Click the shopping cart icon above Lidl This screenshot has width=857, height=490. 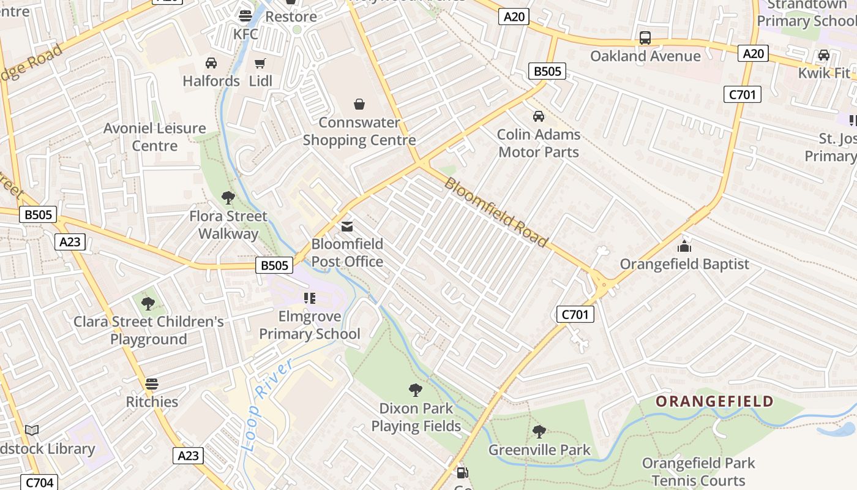click(260, 63)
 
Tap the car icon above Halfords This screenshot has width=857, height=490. click(211, 63)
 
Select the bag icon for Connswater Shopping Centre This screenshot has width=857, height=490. click(359, 105)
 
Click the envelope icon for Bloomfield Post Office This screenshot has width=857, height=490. click(347, 227)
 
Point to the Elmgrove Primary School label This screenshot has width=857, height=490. click(310, 325)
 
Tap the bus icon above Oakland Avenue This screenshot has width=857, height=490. click(645, 38)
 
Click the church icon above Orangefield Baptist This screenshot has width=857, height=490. click(684, 246)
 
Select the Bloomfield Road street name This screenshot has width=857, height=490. click(496, 212)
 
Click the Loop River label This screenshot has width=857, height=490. click(268, 404)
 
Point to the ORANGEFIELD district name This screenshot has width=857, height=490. click(714, 402)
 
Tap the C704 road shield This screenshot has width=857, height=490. click(40, 483)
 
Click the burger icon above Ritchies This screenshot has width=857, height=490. click(152, 384)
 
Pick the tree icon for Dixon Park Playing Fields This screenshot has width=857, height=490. click(416, 390)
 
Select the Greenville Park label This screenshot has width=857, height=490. click(539, 450)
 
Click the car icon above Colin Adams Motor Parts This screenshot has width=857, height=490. click(539, 116)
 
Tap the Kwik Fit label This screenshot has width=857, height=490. click(823, 73)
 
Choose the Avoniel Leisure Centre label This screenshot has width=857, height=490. click(154, 137)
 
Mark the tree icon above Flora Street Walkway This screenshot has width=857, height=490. click(228, 198)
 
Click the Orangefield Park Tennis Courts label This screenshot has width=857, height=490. click(698, 472)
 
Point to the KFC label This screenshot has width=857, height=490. click(245, 34)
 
